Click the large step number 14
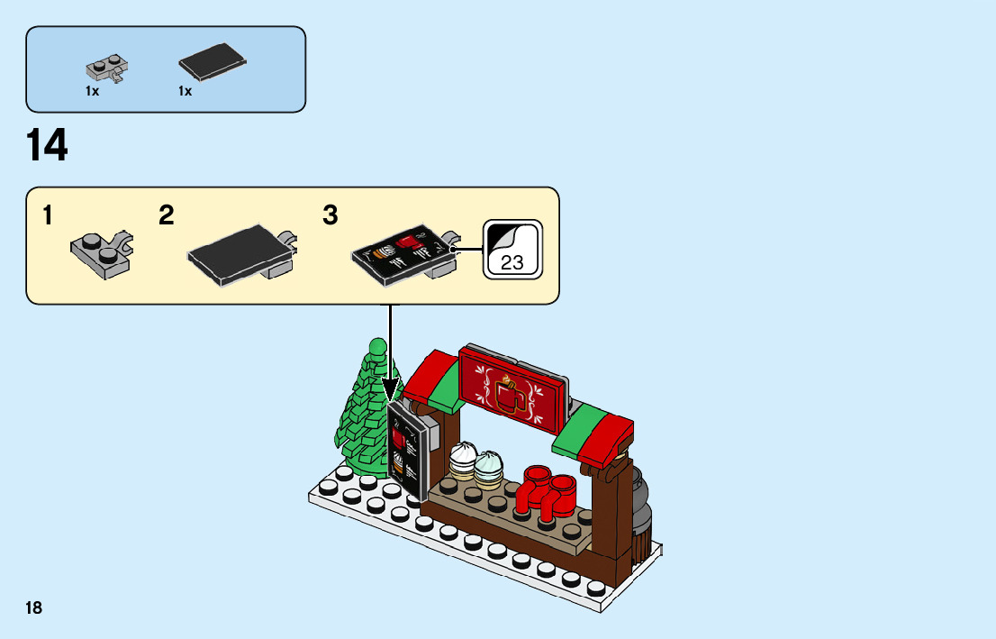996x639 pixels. (x=48, y=146)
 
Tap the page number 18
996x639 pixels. (x=34, y=607)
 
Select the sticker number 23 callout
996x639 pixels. (x=512, y=249)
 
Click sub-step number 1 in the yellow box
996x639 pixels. (x=47, y=216)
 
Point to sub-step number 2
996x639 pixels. (x=167, y=216)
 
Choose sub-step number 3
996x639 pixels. (x=330, y=216)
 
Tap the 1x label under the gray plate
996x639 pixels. (x=92, y=92)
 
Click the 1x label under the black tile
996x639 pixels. (x=186, y=92)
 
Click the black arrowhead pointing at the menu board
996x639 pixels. (x=390, y=392)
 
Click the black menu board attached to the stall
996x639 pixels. (x=407, y=451)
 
